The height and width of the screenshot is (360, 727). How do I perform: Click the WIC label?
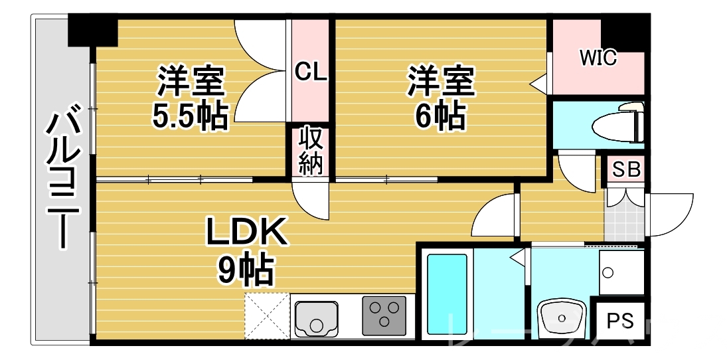tap(598, 58)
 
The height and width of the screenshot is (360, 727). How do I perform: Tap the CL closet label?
tap(311, 71)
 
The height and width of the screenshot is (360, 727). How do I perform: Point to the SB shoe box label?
tap(626, 170)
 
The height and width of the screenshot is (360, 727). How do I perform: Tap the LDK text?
tap(246, 233)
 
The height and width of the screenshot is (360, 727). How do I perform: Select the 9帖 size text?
tap(245, 269)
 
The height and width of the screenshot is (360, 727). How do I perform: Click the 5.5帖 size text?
tap(191, 116)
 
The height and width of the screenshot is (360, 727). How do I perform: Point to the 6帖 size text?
tap(440, 116)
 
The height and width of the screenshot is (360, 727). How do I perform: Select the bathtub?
tap(447, 292)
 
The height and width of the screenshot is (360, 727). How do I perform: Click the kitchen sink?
tap(317, 317)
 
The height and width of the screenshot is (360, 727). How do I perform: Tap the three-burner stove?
tap(384, 314)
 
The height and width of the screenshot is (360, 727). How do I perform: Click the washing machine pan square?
tap(621, 272)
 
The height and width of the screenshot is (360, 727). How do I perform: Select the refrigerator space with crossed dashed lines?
tap(267, 315)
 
